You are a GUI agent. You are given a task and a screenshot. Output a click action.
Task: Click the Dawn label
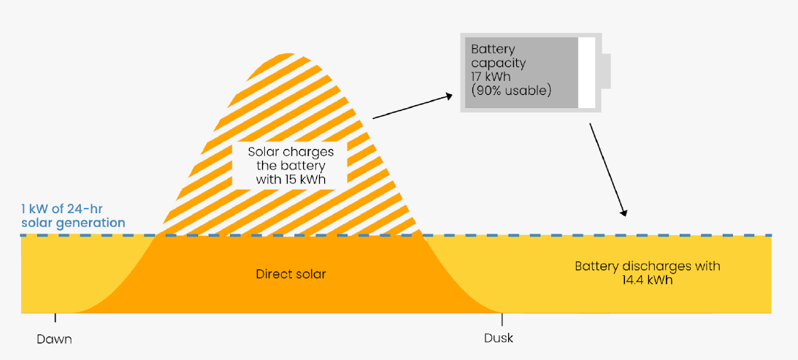(55, 339)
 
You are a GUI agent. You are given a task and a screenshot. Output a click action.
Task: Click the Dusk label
(499, 338)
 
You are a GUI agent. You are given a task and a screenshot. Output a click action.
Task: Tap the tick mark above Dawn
(55, 318)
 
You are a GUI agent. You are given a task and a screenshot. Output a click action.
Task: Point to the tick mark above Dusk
(502, 318)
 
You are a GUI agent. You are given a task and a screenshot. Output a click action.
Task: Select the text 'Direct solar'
(291, 275)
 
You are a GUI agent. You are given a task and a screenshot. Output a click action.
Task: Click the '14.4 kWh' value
(647, 279)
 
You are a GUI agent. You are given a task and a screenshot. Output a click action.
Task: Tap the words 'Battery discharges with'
(647, 266)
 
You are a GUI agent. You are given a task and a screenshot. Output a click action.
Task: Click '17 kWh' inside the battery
(491, 77)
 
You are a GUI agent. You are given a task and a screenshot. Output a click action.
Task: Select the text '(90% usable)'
(510, 91)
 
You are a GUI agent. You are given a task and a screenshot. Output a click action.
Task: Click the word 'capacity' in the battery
(498, 63)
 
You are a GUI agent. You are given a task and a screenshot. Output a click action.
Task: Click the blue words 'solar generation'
(73, 223)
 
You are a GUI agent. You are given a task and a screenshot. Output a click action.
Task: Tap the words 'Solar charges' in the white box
(291, 152)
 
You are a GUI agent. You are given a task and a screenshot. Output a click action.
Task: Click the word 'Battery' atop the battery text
(493, 49)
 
